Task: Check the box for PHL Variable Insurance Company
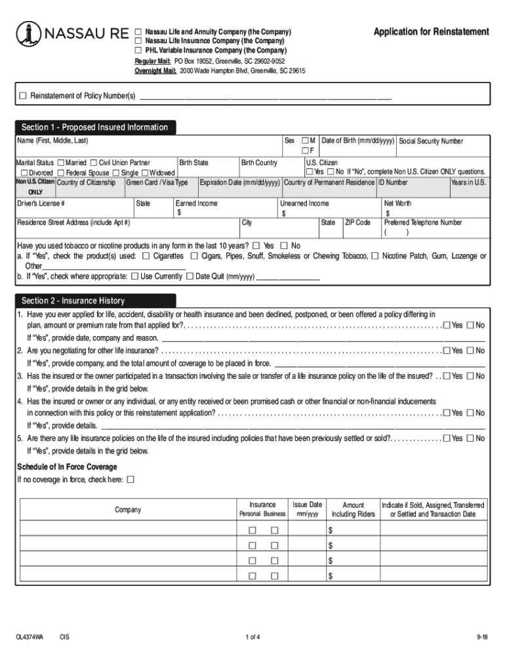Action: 138,50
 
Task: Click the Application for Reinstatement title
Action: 431,31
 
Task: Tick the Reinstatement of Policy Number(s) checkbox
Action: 24,96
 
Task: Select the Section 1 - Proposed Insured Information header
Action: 94,127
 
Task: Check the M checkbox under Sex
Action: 305,141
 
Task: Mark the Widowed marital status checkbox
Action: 145,172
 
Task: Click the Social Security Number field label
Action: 431,141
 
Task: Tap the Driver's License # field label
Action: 41,204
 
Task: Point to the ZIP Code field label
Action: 357,223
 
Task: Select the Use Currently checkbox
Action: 134,277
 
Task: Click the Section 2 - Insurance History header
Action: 73,301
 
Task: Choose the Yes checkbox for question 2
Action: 447,351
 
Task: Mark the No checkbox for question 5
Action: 470,438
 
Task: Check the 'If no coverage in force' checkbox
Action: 130,480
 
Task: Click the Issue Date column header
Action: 307,509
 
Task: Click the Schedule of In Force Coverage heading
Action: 67,467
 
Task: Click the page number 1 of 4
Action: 253,637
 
